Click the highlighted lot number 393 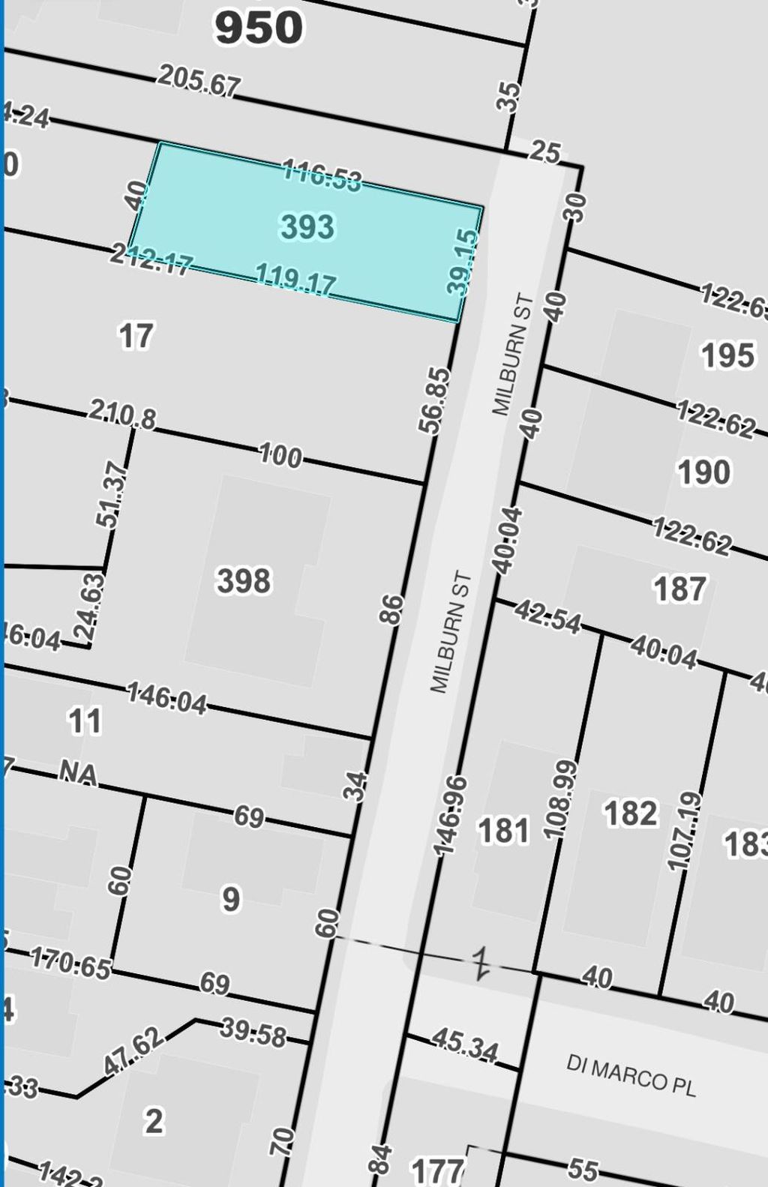point(307,226)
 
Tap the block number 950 point(259,28)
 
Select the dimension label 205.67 point(199,80)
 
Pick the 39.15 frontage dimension point(462,262)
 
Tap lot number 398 point(244,581)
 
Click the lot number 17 point(136,336)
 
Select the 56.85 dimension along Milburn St point(435,400)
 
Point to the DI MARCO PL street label point(631,1075)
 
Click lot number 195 point(727,355)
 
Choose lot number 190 point(703,472)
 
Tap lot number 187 point(679,589)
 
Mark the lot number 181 point(504,831)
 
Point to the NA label point(79,772)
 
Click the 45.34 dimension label point(465,1045)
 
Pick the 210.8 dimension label point(122,414)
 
